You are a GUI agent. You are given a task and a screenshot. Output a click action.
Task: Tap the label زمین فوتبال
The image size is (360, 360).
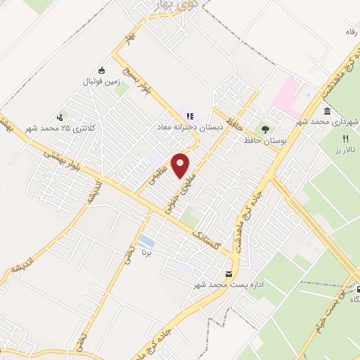(102, 82)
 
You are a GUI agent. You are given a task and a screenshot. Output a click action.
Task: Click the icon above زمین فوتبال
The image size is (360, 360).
(102, 70)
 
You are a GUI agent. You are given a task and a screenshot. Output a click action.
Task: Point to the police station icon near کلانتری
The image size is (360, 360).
(60, 117)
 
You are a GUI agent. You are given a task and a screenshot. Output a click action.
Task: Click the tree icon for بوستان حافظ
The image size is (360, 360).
(265, 129)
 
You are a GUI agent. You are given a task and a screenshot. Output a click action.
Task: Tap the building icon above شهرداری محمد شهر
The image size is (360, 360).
(328, 112)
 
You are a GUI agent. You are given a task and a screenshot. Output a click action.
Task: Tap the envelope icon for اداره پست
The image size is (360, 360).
(227, 274)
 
